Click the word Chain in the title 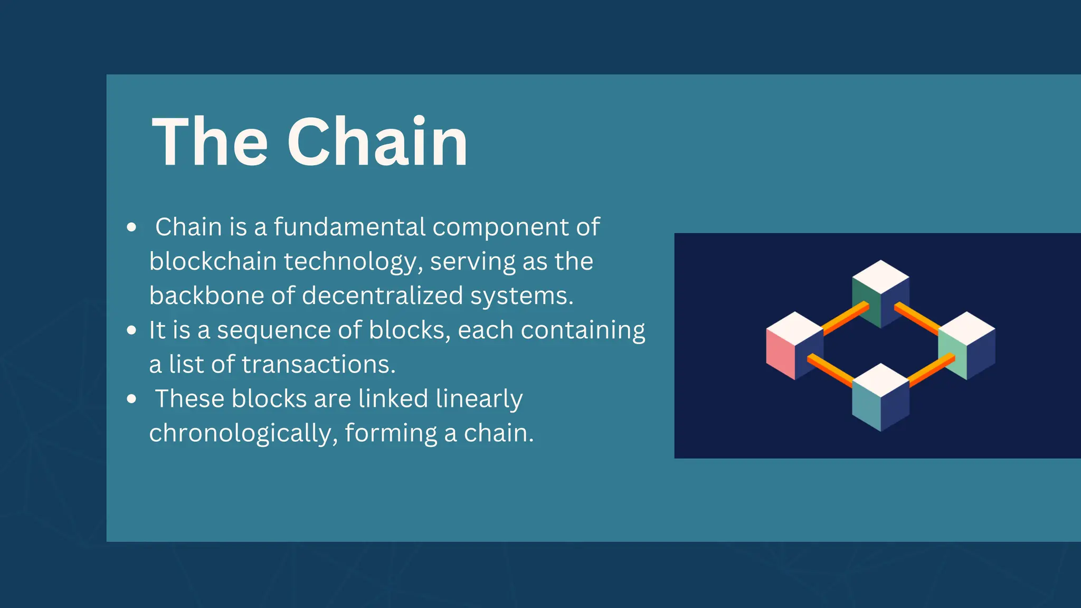tap(377, 142)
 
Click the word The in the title tap(210, 142)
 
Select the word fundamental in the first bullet tap(349, 227)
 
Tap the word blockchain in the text tap(213, 261)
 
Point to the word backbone tap(206, 296)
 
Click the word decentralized tap(382, 296)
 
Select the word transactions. tap(318, 364)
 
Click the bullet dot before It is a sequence tap(132, 330)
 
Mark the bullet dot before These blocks tap(132, 399)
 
